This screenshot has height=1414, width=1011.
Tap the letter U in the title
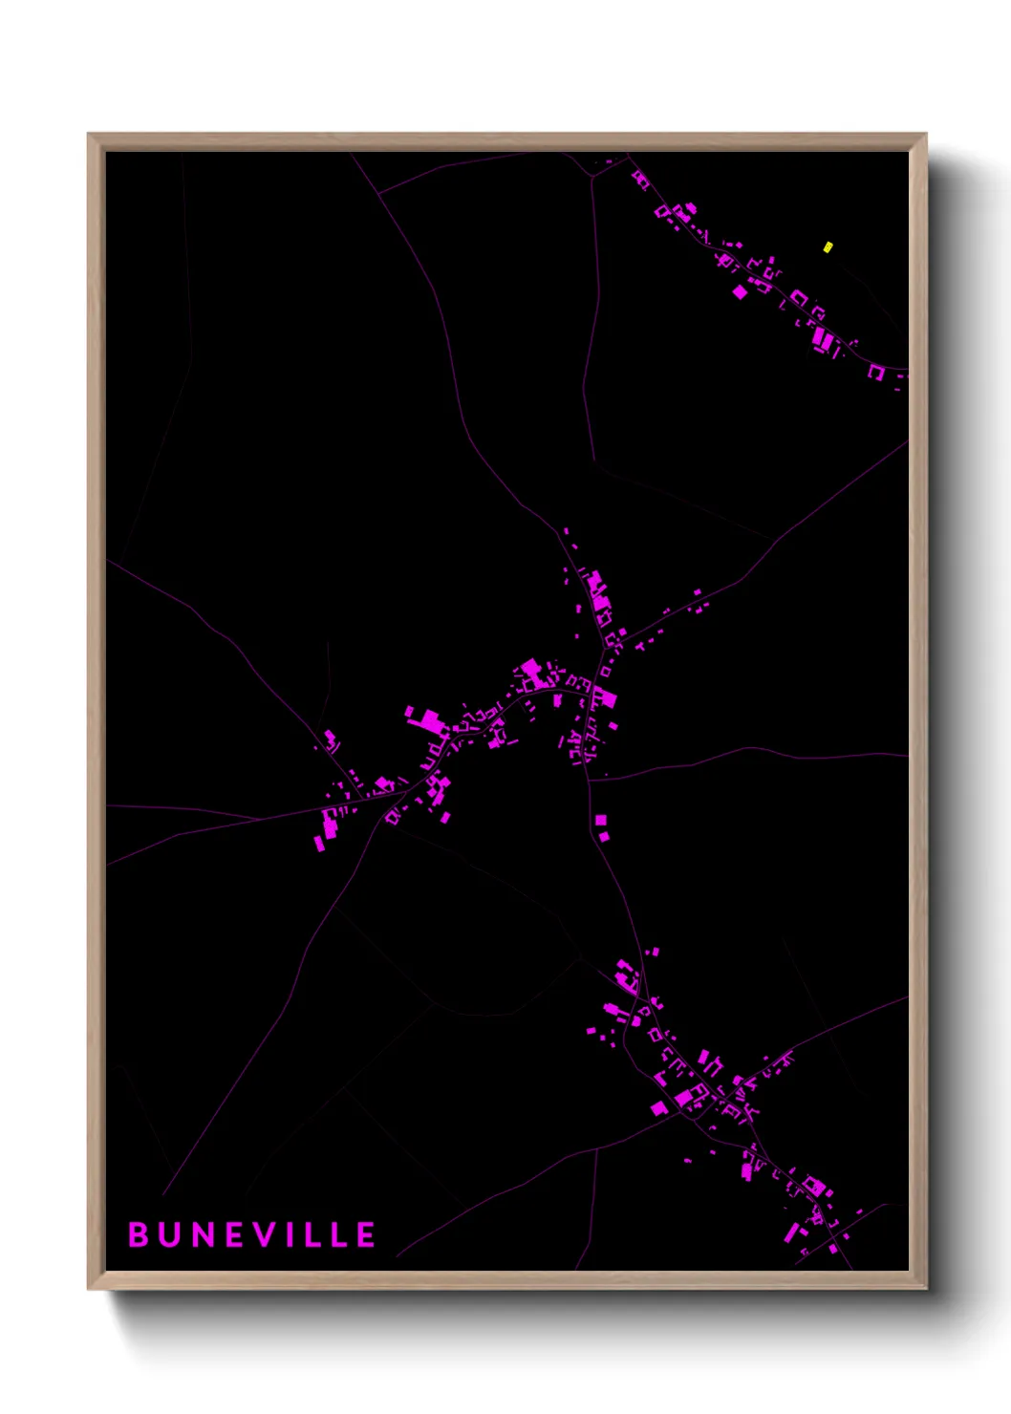tap(170, 1234)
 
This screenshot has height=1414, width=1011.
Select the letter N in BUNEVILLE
tap(204, 1234)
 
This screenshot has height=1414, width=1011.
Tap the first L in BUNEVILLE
tap(313, 1234)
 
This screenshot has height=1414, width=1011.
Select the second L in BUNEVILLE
tap(339, 1234)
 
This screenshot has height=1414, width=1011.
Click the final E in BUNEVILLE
tap(366, 1234)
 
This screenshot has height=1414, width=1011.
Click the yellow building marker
tap(828, 246)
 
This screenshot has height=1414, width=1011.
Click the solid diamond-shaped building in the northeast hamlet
tap(740, 291)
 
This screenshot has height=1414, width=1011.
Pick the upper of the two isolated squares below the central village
tap(600, 820)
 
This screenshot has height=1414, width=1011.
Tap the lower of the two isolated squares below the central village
tap(604, 837)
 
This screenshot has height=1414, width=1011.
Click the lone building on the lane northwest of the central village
tap(331, 739)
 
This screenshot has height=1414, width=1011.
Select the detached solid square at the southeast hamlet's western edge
tap(658, 1108)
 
